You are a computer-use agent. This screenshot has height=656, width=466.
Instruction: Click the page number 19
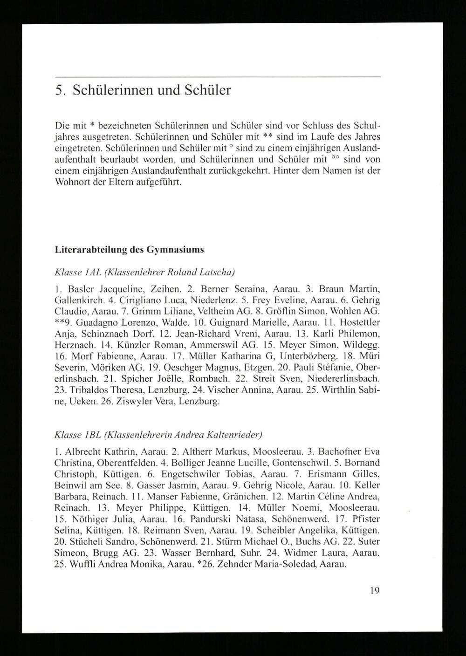click(375, 591)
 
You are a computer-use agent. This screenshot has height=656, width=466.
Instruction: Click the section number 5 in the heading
click(58, 89)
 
